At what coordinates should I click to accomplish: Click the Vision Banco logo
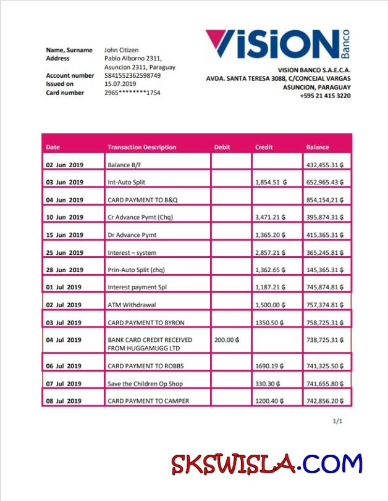(278, 44)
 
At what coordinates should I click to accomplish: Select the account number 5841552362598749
(132, 76)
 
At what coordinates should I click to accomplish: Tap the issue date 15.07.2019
(120, 84)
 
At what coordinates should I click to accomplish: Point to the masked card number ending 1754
(132, 93)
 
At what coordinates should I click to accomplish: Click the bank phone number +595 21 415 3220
(325, 96)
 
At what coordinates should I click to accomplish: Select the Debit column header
(222, 147)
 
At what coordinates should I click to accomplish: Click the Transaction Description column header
(141, 147)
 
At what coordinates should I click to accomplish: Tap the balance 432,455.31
(324, 165)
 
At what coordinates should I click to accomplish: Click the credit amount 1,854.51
(271, 183)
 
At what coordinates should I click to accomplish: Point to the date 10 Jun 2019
(64, 217)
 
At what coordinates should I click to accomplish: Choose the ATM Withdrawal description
(132, 305)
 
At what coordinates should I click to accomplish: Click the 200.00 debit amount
(227, 340)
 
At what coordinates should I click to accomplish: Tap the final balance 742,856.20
(324, 401)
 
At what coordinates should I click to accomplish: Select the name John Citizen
(121, 50)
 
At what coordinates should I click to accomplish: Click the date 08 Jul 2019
(64, 401)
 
